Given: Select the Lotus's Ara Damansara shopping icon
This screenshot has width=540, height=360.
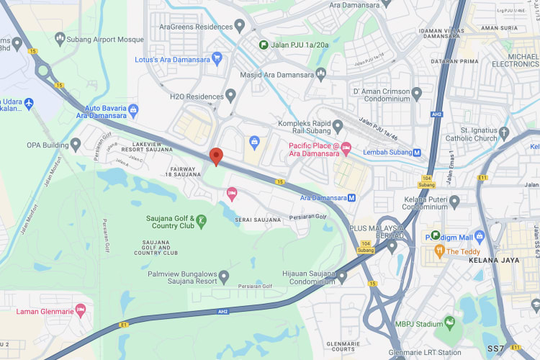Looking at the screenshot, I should pyautogui.click(x=215, y=59).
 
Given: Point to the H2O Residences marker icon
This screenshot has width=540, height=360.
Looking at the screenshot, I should pyautogui.click(x=230, y=94).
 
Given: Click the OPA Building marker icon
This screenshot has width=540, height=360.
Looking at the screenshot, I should pyautogui.click(x=76, y=145).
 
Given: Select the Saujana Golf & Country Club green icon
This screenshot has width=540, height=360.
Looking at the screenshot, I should pyautogui.click(x=202, y=220).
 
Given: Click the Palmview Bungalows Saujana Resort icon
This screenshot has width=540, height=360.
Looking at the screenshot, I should pyautogui.click(x=224, y=276).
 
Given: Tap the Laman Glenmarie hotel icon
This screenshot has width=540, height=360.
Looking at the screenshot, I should pyautogui.click(x=81, y=311).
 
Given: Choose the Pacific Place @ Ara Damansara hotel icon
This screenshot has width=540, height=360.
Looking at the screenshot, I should pyautogui.click(x=346, y=148).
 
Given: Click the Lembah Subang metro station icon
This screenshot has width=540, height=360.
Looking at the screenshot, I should pyautogui.click(x=417, y=152).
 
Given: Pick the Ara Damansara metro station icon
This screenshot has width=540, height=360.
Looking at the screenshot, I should pyautogui.click(x=351, y=197).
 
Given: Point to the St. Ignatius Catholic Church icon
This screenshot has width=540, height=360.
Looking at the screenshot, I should pyautogui.click(x=504, y=132).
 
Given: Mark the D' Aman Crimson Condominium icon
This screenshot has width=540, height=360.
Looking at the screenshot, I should pyautogui.click(x=416, y=93).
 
